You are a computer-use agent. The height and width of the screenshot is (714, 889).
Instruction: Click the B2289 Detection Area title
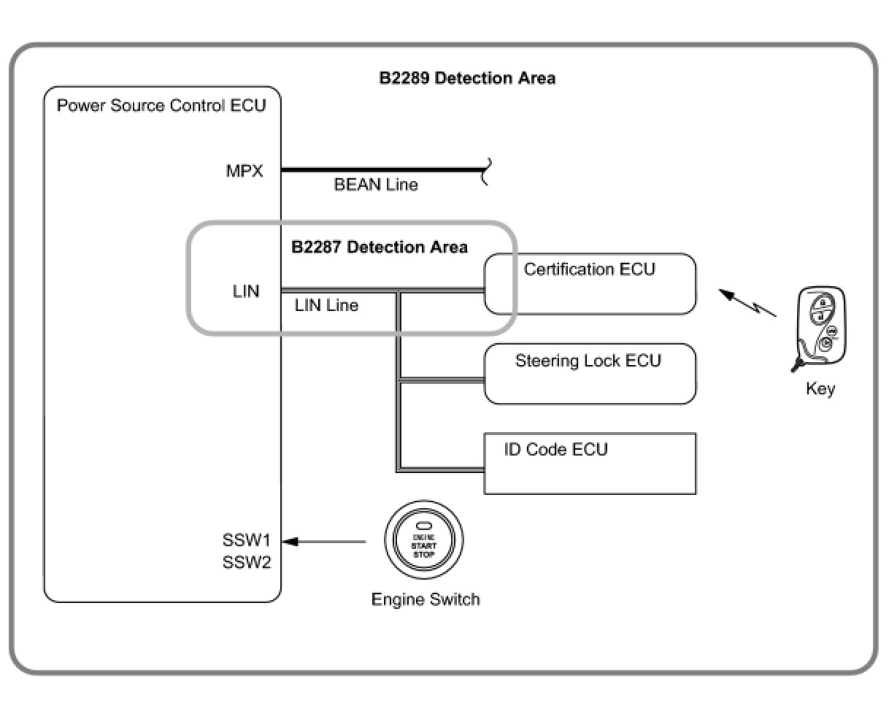coord(467,78)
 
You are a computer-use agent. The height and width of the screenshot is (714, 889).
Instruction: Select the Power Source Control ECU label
coord(161,105)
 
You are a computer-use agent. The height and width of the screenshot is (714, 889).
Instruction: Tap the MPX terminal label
coord(245,172)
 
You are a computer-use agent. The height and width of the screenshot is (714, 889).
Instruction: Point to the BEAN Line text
coord(376,185)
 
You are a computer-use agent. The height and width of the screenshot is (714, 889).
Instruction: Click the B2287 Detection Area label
coord(380,247)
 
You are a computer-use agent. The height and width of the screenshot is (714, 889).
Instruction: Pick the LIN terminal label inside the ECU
coord(246,291)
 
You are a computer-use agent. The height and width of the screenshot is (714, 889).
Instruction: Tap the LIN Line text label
coord(326,305)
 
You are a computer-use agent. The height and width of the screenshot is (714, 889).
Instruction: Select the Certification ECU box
coord(590,284)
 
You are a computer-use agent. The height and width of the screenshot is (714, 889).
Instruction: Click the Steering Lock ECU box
coord(590,374)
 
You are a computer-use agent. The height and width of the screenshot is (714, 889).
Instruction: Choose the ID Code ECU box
coord(590,464)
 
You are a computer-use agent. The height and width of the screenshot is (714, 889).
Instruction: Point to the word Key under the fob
coord(820,388)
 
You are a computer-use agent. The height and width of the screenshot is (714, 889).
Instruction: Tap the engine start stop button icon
coord(423,541)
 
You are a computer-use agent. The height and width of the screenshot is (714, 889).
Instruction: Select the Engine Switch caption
coord(426,599)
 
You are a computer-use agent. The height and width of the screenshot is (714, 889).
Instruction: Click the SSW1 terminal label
coord(247,541)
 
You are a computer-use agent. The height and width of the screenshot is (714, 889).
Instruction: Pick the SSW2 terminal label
coord(247,563)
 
